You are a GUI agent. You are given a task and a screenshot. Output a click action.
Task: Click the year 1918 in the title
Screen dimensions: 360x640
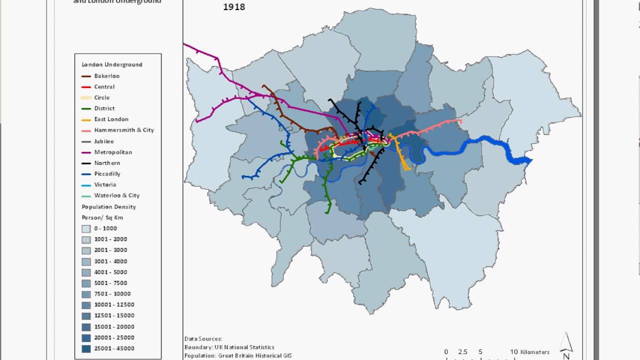click(x=233, y=7)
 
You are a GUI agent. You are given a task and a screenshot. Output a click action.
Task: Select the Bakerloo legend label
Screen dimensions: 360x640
click(x=106, y=76)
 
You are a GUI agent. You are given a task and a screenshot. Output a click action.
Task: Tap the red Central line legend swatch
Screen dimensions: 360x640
click(x=86, y=87)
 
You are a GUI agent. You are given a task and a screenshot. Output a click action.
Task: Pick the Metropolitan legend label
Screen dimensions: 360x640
click(x=113, y=152)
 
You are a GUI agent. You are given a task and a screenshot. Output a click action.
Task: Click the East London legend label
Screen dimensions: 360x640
click(x=111, y=119)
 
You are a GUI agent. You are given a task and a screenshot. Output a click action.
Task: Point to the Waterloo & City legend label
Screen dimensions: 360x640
click(x=116, y=195)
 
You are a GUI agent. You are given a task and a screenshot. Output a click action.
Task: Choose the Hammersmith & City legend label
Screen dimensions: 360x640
click(x=124, y=130)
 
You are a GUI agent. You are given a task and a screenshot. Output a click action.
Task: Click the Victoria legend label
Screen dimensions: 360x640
click(x=105, y=184)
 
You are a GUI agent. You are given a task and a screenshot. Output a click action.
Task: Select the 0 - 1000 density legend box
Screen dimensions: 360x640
click(x=86, y=228)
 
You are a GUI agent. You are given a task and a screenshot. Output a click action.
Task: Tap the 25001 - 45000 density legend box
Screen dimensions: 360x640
click(x=86, y=348)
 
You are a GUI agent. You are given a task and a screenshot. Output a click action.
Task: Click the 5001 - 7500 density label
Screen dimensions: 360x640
click(x=110, y=283)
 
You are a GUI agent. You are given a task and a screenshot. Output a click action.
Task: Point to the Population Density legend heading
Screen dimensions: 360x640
click(x=108, y=206)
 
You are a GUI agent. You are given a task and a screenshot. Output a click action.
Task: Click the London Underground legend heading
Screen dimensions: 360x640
click(x=112, y=64)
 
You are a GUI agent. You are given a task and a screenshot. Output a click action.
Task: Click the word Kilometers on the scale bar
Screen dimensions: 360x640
click(x=534, y=352)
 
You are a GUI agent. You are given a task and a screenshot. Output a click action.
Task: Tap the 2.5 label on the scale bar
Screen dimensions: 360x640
click(x=462, y=352)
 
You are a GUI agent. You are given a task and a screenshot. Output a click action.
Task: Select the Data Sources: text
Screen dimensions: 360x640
click(x=203, y=339)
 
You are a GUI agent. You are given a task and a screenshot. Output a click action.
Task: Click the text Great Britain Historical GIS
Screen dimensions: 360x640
click(x=255, y=356)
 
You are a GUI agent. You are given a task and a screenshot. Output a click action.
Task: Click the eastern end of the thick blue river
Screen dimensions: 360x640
click(x=529, y=160)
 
